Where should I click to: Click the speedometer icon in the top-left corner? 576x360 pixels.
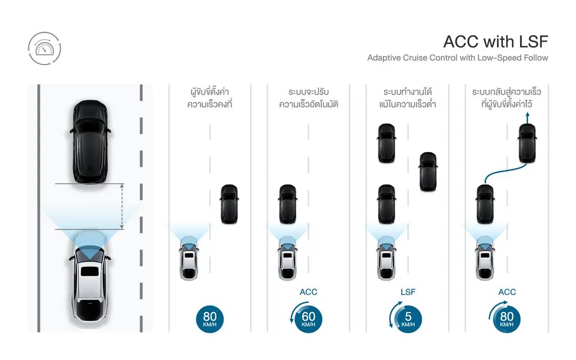tap(44, 49)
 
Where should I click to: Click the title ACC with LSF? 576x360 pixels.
tap(495, 42)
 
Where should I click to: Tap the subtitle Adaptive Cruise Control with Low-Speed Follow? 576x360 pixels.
tap(458, 58)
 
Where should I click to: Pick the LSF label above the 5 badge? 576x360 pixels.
tap(407, 292)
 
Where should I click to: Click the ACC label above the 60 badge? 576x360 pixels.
tap(308, 292)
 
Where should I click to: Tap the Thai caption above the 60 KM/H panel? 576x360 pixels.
tap(308, 98)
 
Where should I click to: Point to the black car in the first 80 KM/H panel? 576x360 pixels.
tap(229, 204)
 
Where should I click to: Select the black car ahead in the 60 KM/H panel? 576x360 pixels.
tap(287, 204)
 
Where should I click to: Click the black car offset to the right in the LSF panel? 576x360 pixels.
tap(428, 172)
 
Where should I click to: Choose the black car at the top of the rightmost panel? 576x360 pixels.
tap(527, 143)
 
